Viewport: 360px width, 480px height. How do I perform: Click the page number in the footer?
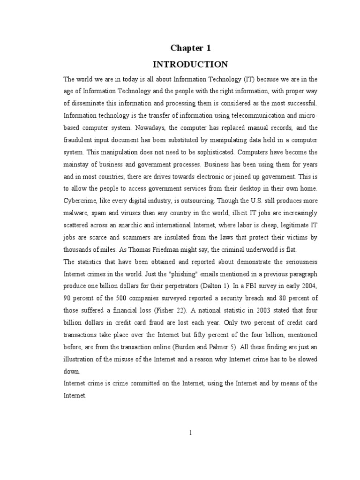[x=190, y=433]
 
